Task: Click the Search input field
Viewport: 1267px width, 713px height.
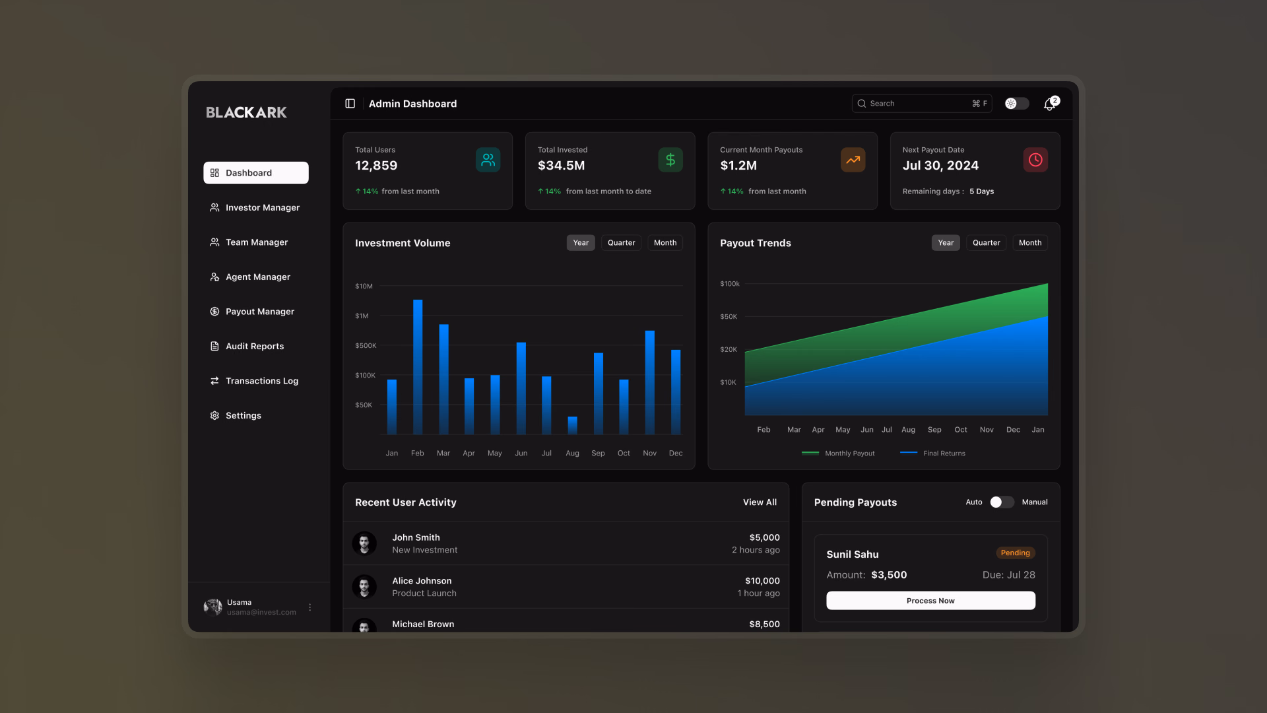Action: (921, 104)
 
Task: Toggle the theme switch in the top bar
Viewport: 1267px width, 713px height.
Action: (1016, 104)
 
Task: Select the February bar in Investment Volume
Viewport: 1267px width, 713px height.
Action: (418, 367)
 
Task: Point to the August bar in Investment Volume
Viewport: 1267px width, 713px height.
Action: (573, 426)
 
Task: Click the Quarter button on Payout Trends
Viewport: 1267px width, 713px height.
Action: (986, 243)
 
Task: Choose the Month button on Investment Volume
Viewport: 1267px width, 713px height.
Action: (665, 243)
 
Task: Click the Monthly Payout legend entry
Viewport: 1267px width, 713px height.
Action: (838, 454)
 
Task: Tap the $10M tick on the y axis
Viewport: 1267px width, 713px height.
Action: (364, 287)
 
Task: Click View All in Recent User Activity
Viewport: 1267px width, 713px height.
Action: (760, 502)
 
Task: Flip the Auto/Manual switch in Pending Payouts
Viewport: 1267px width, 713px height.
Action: (1002, 502)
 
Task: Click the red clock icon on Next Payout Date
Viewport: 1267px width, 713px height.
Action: (1035, 160)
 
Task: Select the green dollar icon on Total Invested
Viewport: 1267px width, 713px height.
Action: (670, 160)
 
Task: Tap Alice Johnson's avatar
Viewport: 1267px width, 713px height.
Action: (364, 586)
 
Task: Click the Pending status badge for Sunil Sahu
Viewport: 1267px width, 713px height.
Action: (1015, 553)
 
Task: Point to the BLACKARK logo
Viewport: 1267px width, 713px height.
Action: (246, 112)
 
